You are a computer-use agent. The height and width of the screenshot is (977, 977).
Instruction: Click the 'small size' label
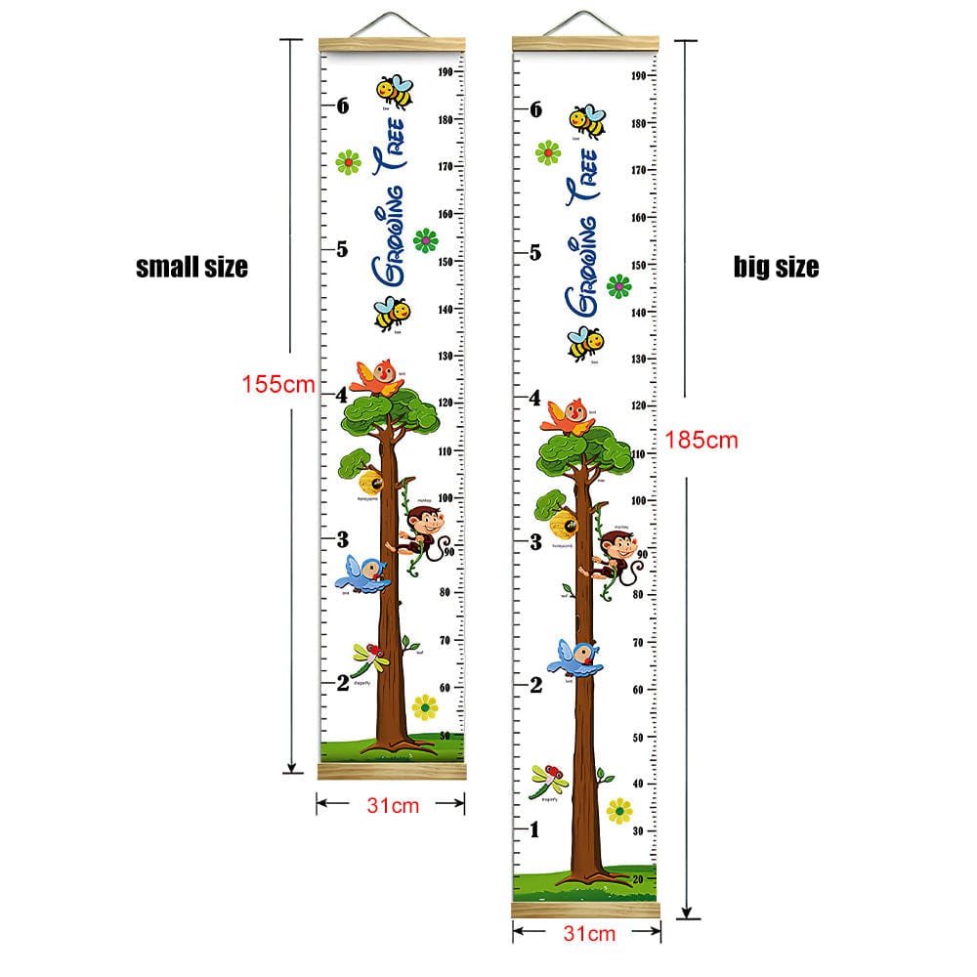click(191, 266)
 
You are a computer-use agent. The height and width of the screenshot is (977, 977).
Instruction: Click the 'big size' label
click(776, 267)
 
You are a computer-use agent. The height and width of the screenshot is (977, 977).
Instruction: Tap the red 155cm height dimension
click(278, 384)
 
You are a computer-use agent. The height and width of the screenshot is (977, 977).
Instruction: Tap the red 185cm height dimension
click(701, 440)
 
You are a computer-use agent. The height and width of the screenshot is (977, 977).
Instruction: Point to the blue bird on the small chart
click(367, 573)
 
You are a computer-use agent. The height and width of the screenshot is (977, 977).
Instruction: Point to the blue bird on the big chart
click(575, 658)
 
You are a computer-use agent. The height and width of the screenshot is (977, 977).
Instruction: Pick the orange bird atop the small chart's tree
click(378, 376)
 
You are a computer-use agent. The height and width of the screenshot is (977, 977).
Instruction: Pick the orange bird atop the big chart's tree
click(568, 414)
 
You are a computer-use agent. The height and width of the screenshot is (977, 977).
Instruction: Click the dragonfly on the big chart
click(548, 779)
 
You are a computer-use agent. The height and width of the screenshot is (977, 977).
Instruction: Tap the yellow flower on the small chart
click(425, 706)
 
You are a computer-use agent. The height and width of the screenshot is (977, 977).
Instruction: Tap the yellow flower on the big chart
click(618, 810)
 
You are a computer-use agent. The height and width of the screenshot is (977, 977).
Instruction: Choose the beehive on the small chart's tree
click(370, 481)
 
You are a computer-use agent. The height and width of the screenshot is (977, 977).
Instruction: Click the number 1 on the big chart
click(534, 830)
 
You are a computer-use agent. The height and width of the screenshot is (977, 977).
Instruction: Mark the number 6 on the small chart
click(342, 106)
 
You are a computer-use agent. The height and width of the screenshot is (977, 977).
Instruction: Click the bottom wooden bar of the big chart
click(586, 910)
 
